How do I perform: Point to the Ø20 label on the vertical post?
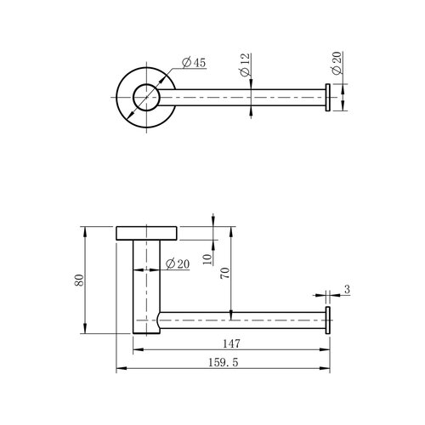tap(176, 263)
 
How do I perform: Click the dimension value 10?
tap(208, 258)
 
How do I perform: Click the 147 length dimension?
tap(230, 344)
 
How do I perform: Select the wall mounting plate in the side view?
tap(145, 233)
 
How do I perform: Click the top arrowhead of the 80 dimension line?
tap(86, 230)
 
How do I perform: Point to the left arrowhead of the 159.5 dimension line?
tap(118, 369)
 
